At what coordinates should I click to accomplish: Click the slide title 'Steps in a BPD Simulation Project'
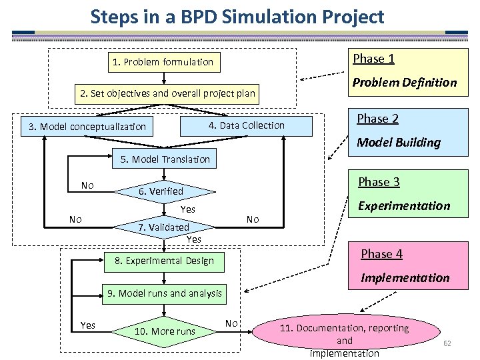pos(237,16)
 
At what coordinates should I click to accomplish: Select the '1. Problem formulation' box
pos(163,62)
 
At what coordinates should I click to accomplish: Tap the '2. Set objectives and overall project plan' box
pos(167,93)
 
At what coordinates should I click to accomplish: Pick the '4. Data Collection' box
pos(247,125)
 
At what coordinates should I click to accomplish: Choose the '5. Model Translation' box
pos(165,159)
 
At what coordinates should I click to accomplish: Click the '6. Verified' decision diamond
pos(161,191)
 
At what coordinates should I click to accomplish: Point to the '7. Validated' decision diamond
pos(164,227)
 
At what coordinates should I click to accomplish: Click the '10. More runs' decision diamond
pos(165,331)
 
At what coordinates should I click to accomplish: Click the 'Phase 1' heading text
pos(373,59)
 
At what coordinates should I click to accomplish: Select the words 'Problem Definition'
pos(404,83)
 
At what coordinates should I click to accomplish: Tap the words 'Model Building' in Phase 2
pos(399,142)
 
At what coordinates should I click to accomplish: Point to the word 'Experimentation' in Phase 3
pos(404,206)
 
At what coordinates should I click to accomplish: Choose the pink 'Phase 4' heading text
pos(381,254)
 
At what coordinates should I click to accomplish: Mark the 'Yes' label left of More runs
pos(87,325)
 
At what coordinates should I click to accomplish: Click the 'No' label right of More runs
pos(231,323)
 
